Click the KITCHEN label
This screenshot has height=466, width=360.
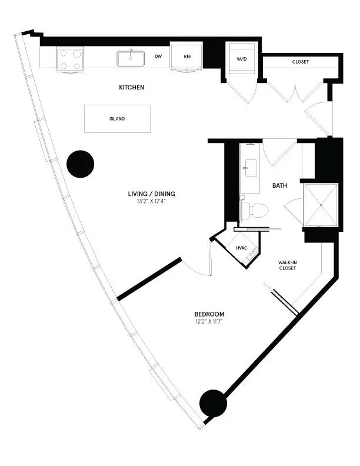pos(132,88)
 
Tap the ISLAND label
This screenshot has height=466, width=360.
pos(117,119)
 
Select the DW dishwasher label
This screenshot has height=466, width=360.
pos(158,56)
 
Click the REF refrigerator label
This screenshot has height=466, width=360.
pos(188,56)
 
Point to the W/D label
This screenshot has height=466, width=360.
pos(242,59)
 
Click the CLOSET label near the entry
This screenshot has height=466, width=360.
pos(300,62)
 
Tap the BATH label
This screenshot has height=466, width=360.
pos(279,185)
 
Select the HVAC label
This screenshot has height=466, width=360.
pos(241,248)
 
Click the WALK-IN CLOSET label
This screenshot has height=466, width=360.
pos(288,265)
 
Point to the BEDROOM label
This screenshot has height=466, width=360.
pos(209,314)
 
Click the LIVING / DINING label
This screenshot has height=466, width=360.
pos(151,194)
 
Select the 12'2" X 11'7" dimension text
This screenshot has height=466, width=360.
pos(209,322)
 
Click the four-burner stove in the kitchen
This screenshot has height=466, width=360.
pos(70,59)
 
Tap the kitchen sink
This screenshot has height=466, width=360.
pos(131,58)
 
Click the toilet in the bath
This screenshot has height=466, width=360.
pos(254,209)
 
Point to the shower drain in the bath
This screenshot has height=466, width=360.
pos(321,205)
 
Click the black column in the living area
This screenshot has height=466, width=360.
pos(80,164)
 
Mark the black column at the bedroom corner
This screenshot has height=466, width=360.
pos(213,403)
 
